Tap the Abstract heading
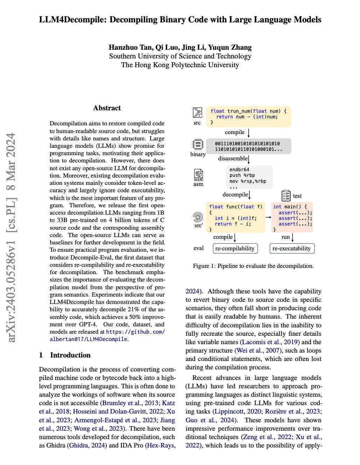[107, 108]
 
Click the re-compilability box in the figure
[235, 248]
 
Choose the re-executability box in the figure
[292, 248]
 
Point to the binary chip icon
[198, 144]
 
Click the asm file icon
[198, 174]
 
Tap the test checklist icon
[286, 196]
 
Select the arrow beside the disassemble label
[249, 159]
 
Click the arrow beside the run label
[293, 237]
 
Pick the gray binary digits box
[248, 146]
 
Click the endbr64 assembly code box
[249, 178]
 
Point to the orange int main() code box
[292, 217]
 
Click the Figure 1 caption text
[253, 266]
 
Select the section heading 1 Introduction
[65, 355]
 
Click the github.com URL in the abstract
[135, 332]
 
